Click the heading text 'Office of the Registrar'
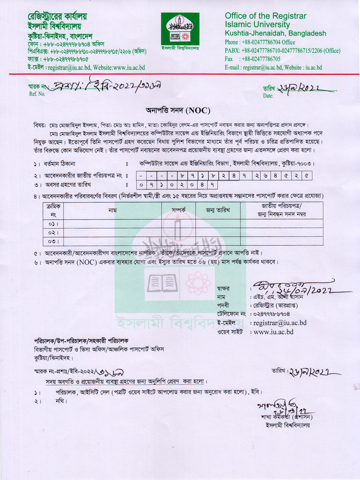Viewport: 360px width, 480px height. (x=265, y=16)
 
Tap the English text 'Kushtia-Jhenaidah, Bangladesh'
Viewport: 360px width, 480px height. (x=275, y=33)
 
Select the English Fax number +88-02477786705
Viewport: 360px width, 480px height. (x=261, y=59)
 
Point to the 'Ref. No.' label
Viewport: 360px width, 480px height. (x=37, y=94)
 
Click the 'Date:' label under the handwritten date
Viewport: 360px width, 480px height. (x=268, y=96)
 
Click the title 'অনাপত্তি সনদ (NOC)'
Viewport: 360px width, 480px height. (x=178, y=110)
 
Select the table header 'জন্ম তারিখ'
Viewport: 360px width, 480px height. (x=218, y=210)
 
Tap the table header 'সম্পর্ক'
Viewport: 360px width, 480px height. (x=178, y=210)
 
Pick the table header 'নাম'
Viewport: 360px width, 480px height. (x=112, y=210)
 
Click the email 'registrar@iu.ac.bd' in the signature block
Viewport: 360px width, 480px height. (x=280, y=323)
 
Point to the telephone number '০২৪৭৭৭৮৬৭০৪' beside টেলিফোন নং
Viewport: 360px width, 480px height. (x=271, y=314)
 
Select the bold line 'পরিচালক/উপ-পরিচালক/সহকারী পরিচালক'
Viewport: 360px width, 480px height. (x=81, y=341)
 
